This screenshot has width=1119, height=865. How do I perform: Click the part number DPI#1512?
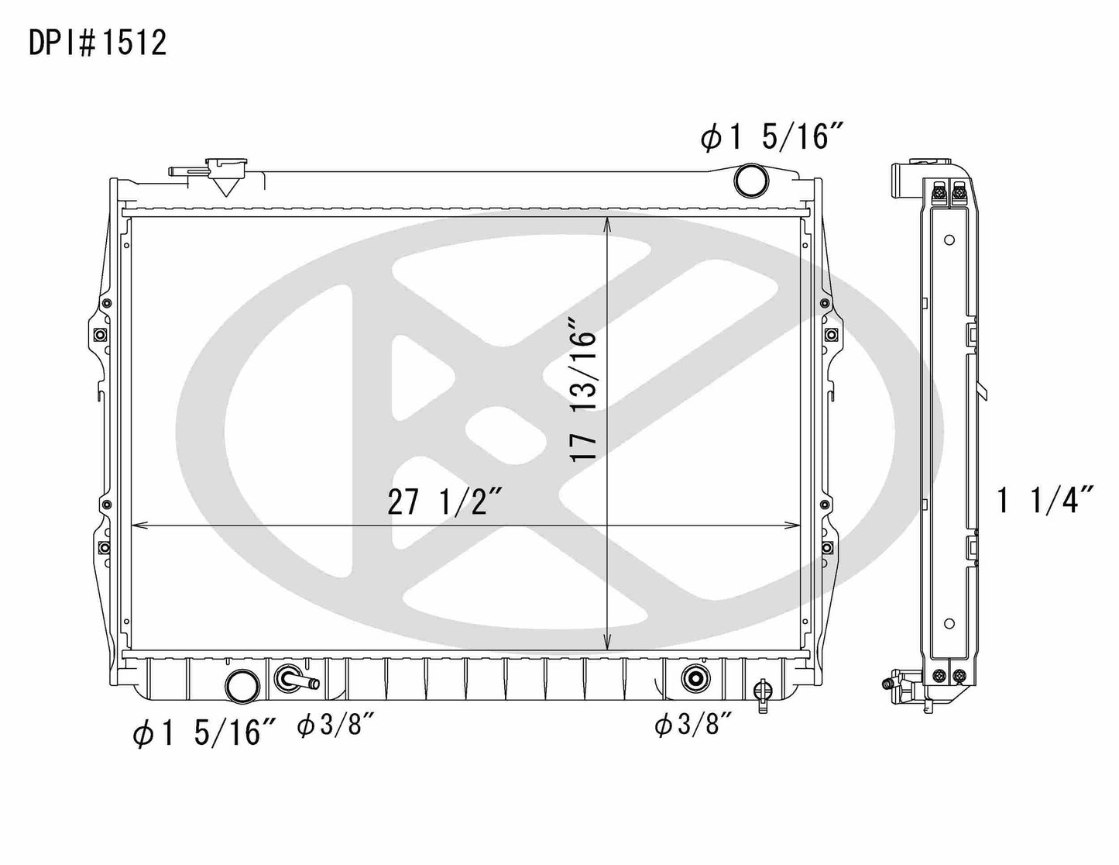pos(98,44)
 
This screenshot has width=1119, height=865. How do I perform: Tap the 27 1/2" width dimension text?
pos(447,503)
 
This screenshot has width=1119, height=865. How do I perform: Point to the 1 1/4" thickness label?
pos(1045,501)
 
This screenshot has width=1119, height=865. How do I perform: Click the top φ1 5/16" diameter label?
pos(771,139)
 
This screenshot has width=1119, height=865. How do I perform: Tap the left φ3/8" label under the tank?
pos(336,726)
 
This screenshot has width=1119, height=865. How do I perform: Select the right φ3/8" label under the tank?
pos(693,726)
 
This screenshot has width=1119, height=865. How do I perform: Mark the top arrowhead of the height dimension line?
pos(608,223)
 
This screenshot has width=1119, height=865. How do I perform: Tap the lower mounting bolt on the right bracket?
pos(829,548)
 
